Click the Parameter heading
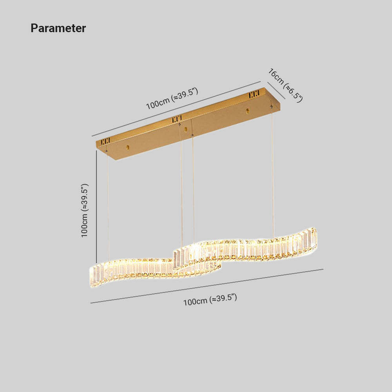58,28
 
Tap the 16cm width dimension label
285,85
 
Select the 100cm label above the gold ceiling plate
172,98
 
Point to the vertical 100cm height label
85,210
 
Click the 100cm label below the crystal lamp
210,300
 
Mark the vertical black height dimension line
96,207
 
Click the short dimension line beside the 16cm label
276,91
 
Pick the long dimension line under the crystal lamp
207,286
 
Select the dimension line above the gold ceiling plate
176,109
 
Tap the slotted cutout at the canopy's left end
105,142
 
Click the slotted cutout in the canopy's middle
177,119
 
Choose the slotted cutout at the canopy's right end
254,94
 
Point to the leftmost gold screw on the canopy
128,147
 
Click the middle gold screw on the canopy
185,129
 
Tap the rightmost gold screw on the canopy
247,111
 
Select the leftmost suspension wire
108,206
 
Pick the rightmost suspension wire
272,172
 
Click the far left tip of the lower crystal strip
90,276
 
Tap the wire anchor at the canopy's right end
271,107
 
